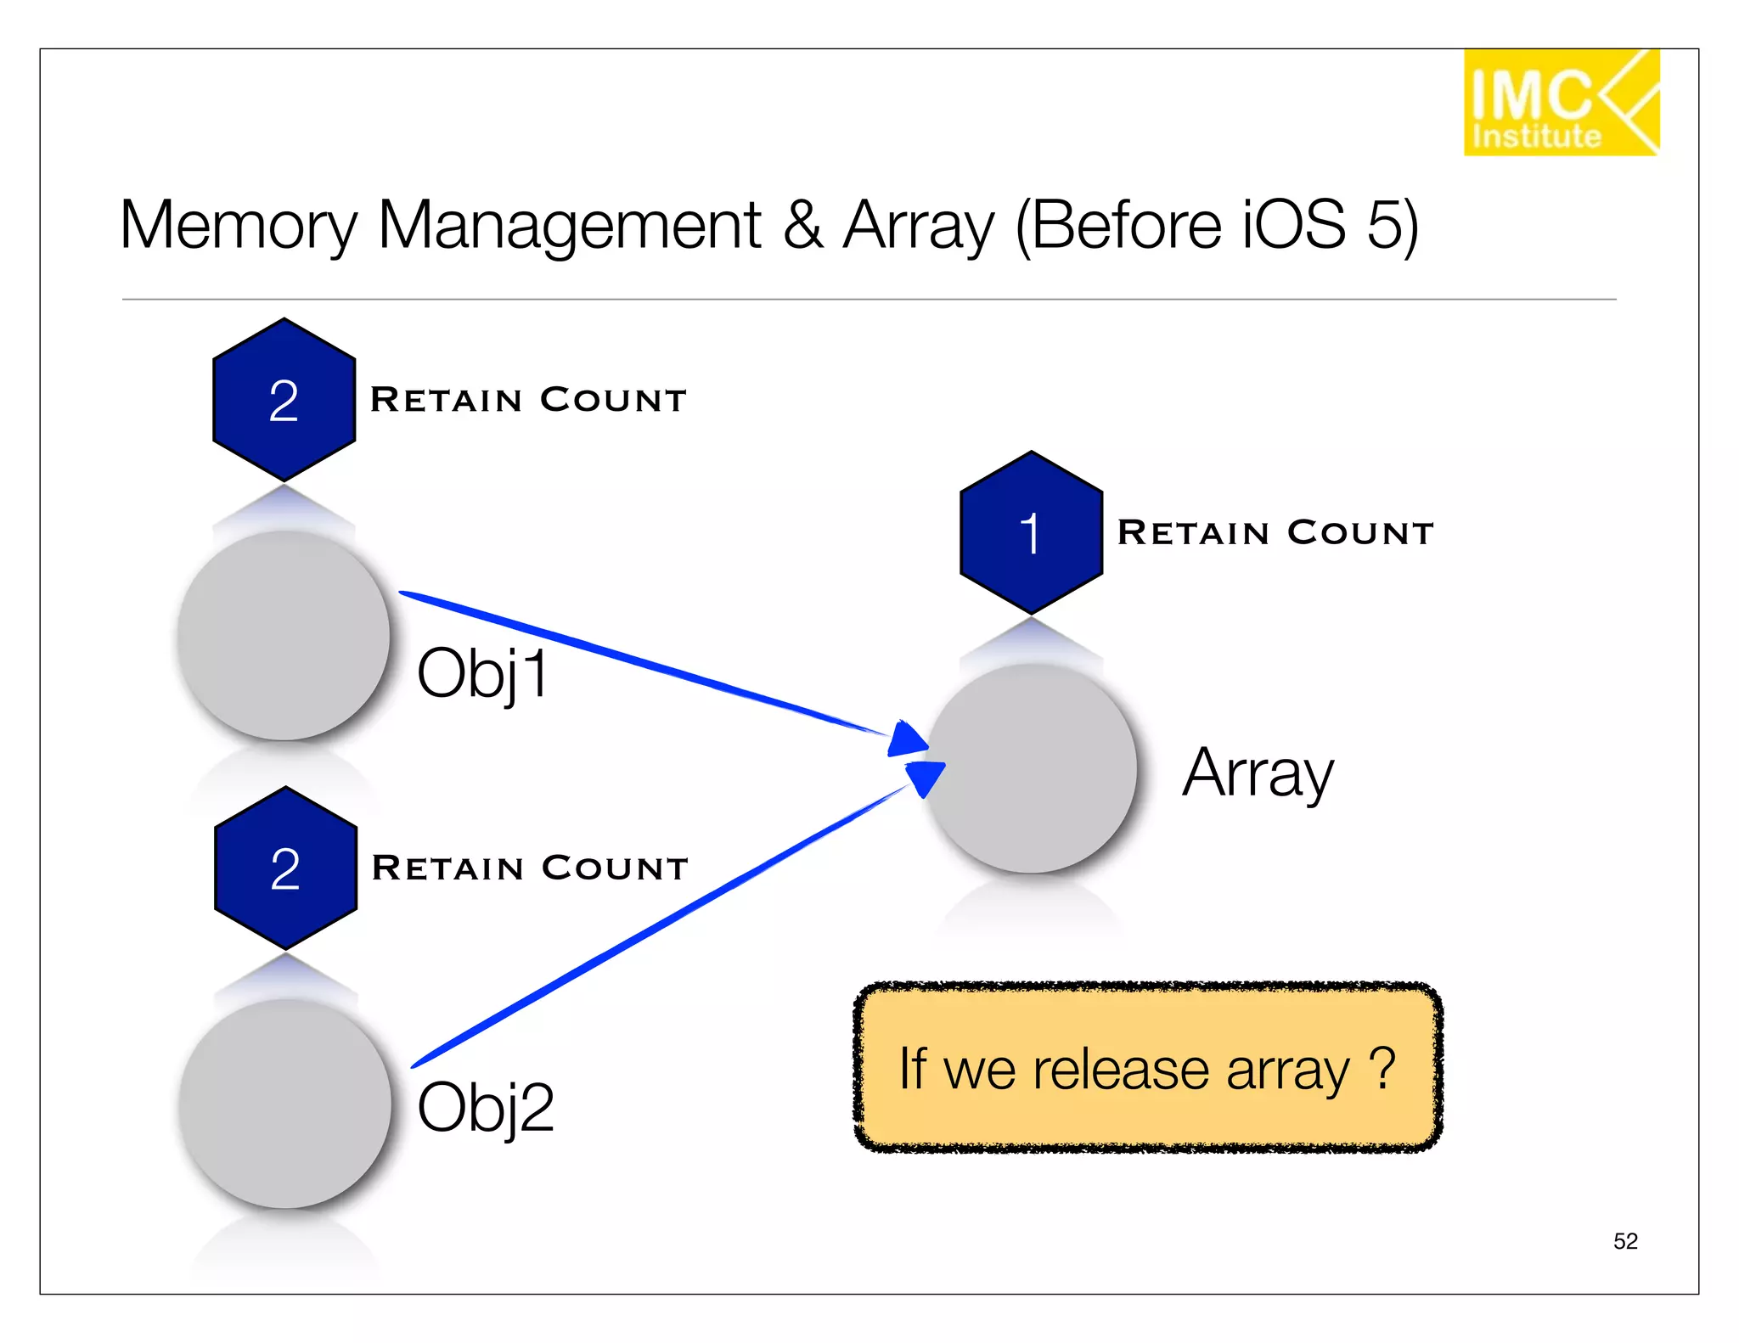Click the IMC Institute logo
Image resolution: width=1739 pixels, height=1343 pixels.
[1560, 103]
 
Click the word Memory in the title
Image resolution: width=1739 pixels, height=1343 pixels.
[239, 226]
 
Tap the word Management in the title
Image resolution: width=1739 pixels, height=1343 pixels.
[569, 226]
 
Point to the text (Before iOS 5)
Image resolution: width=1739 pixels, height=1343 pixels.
[1216, 226]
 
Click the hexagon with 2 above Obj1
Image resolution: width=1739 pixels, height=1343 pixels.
[284, 400]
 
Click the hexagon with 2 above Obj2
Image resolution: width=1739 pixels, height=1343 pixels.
[285, 868]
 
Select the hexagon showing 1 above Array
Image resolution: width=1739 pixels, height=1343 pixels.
[1031, 533]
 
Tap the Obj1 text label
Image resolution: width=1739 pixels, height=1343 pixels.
[482, 673]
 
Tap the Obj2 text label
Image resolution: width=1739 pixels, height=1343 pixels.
[485, 1108]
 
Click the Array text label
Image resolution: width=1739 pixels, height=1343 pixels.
[1258, 773]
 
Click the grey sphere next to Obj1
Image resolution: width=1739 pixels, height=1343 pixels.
[284, 636]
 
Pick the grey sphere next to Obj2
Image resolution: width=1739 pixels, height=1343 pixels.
[285, 1104]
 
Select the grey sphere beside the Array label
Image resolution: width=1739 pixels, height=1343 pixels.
[1031, 768]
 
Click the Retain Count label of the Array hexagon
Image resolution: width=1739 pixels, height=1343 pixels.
[1275, 533]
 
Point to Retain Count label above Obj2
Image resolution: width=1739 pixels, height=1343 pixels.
[530, 868]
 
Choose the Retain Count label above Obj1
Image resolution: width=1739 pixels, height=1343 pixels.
[528, 400]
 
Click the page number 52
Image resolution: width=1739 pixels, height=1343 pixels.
[1624, 1241]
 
